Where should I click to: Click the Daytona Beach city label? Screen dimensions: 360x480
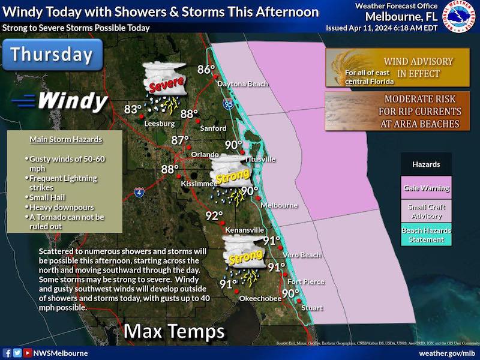[x=242, y=84]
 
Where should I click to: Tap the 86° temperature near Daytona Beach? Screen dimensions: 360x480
[x=206, y=69]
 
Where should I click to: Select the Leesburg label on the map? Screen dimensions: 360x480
[x=160, y=124]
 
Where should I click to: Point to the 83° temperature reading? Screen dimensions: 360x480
[x=133, y=109]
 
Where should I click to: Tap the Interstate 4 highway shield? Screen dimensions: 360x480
[x=139, y=193]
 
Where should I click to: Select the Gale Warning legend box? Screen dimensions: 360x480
[x=427, y=188]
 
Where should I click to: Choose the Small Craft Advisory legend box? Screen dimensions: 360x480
[x=427, y=211]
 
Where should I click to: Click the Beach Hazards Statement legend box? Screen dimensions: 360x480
[x=427, y=235]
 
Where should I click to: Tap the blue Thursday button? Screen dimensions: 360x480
[x=52, y=55]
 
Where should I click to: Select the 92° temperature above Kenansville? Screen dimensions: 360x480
[x=214, y=216]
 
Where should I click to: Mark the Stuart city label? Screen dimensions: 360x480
[x=311, y=308]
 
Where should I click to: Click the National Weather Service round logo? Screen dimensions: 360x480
[x=460, y=17]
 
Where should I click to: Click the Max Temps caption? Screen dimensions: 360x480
[x=174, y=331]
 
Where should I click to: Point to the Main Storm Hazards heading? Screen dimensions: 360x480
[x=65, y=140]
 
